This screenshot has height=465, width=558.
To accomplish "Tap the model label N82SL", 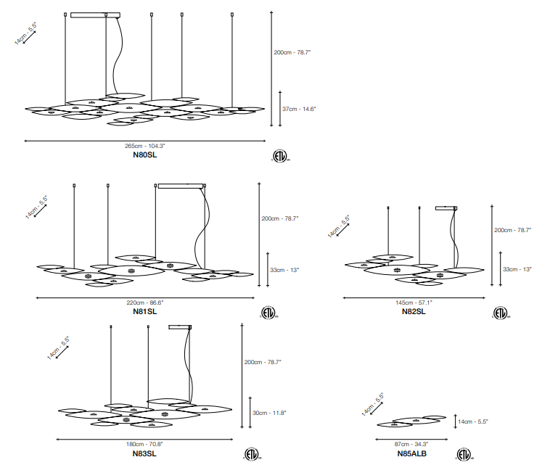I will [x=414, y=311].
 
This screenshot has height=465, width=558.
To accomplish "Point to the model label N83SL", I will [x=145, y=453].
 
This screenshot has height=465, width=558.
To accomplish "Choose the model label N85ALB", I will [x=411, y=453].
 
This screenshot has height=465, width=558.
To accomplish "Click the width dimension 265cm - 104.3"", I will [x=145, y=146].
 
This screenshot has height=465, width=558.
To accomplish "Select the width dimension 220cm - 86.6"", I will [x=145, y=302].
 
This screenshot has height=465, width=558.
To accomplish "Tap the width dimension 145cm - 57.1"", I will [x=414, y=302].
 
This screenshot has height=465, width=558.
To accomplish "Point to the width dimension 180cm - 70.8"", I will [x=145, y=444].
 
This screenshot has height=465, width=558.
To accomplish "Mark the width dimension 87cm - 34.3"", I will [x=411, y=444].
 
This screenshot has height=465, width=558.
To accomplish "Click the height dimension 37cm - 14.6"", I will [x=300, y=109].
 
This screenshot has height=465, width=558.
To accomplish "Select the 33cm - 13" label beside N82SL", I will [x=517, y=269].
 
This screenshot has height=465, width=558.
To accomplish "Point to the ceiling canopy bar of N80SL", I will [x=88, y=13].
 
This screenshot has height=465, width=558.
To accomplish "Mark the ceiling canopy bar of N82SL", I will [x=445, y=208].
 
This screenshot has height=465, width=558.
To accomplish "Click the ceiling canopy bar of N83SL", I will [x=180, y=328].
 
